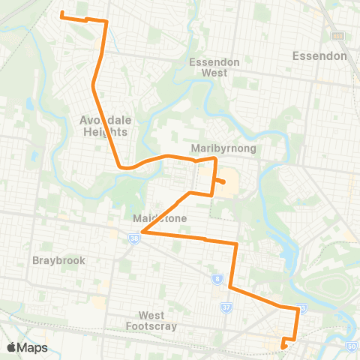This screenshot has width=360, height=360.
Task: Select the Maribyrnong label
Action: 223,148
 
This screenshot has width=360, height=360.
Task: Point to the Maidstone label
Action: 159,218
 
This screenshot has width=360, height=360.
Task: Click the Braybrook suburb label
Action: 58,260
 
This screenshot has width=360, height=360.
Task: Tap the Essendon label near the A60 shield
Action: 319,55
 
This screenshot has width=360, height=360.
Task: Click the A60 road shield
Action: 337,36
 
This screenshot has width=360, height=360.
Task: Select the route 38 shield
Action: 133,238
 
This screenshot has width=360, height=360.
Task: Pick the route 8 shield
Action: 217,279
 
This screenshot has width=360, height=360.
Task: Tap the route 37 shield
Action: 226,307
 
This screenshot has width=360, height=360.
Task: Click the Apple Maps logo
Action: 27,347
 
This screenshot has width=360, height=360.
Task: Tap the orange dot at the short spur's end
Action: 223,181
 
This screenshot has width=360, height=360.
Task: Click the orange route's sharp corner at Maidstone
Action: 142,232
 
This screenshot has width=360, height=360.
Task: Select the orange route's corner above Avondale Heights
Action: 106,22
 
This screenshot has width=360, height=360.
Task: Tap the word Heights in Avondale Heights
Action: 106,131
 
